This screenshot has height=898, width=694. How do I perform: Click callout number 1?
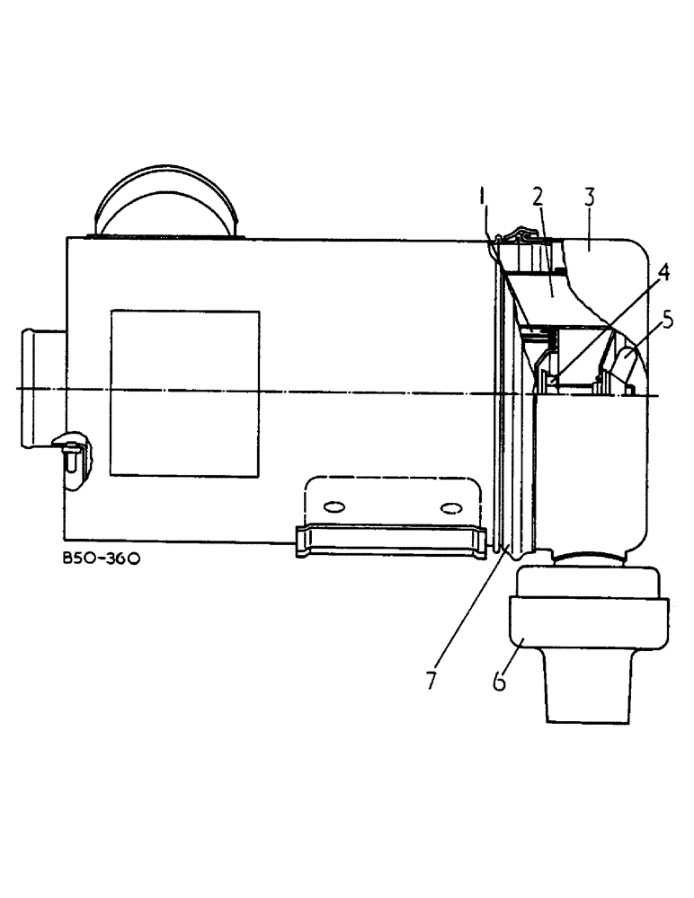(x=483, y=195)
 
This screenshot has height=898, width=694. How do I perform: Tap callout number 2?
(x=537, y=196)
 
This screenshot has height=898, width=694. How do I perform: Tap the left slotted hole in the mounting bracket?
(x=334, y=507)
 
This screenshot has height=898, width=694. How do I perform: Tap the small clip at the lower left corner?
(x=70, y=454)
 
